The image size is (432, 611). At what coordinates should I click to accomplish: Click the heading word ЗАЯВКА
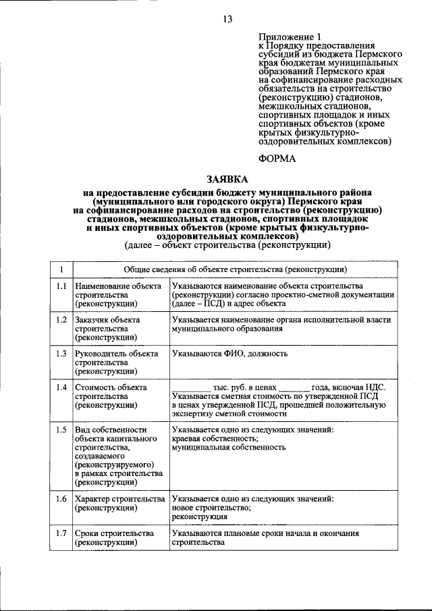pyautogui.click(x=226, y=179)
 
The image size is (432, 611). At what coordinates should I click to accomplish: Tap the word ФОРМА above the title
pyautogui.click(x=277, y=158)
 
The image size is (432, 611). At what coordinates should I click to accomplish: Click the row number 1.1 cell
pyautogui.click(x=61, y=286)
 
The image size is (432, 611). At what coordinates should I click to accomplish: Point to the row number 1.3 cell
pyautogui.click(x=61, y=353)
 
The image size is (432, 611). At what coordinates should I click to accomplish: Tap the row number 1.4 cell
pyautogui.click(x=61, y=387)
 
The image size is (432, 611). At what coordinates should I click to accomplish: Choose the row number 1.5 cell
pyautogui.click(x=61, y=429)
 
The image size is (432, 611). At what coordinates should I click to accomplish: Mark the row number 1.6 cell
pyautogui.click(x=61, y=499)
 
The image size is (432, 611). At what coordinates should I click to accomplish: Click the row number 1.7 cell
pyautogui.click(x=61, y=533)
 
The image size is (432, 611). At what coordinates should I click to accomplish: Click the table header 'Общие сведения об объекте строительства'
pyautogui.click(x=236, y=269)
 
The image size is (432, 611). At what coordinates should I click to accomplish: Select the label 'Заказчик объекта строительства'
pyautogui.click(x=108, y=328)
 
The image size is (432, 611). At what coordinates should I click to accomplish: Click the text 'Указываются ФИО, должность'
pyautogui.click(x=227, y=353)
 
